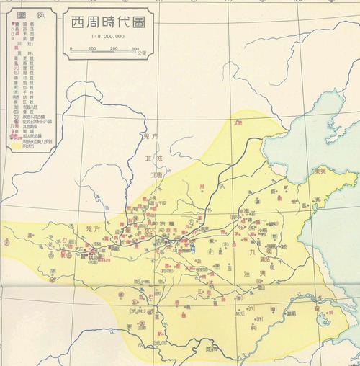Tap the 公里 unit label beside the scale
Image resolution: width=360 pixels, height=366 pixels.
click(x=143, y=53)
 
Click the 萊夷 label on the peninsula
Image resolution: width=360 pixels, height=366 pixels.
click(x=322, y=174)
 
